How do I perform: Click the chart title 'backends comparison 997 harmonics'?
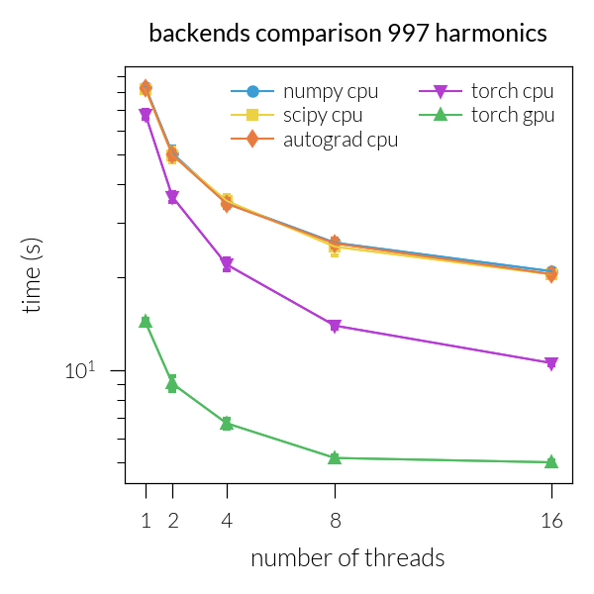pos(347,34)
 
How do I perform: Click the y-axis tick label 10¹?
pos(79,370)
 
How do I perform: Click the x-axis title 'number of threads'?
pos(347,558)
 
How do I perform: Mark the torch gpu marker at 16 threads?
pos(551,461)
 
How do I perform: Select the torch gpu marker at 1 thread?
pos(146,321)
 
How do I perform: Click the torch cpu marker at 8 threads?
pos(335,326)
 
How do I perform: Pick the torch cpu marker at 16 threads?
pos(551,363)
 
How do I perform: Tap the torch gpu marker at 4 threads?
pos(227,423)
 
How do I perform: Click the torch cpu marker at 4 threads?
pos(227,264)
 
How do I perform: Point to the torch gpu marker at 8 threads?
pos(335,457)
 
